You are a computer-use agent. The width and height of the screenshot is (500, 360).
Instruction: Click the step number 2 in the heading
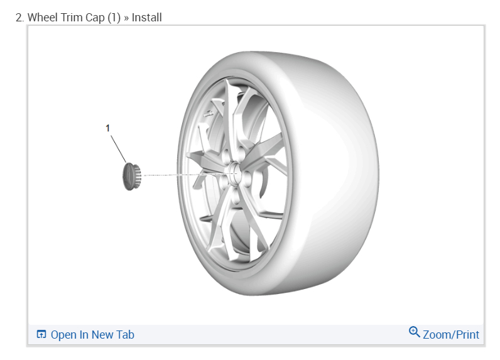click(19, 18)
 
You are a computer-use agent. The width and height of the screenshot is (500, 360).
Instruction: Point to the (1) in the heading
click(114, 18)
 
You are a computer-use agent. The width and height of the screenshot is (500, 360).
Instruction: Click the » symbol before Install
click(126, 18)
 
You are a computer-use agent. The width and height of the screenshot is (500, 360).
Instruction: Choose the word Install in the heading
click(147, 18)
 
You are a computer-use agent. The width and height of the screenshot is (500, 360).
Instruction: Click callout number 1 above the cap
click(108, 128)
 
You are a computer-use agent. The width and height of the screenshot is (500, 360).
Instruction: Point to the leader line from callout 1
click(119, 150)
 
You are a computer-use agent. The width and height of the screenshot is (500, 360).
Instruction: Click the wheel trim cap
click(132, 177)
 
